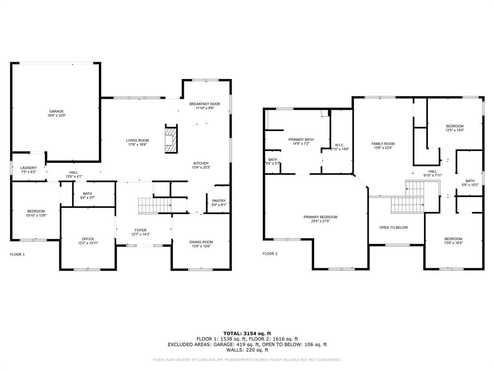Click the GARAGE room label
pyautogui.click(x=56, y=111)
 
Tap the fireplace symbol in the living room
pyautogui.click(x=171, y=139)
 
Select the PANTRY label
pyautogui.click(x=219, y=201)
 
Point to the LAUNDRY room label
pyautogui.click(x=28, y=168)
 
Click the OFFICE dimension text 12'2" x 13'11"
pyautogui.click(x=88, y=243)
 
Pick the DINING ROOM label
pyautogui.click(x=201, y=242)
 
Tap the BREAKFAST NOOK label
pyautogui.click(x=205, y=104)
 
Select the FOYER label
pyautogui.click(x=140, y=230)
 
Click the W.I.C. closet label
pyautogui.click(x=339, y=145)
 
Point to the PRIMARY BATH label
pyautogui.click(x=301, y=140)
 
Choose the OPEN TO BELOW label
pyautogui.click(x=394, y=227)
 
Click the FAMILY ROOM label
pyautogui.click(x=383, y=144)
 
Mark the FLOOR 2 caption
pyautogui.click(x=270, y=253)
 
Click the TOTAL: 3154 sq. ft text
pyautogui.click(x=247, y=333)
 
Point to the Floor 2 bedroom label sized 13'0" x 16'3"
pyautogui.click(x=453, y=239)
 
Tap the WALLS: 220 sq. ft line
pyautogui.click(x=247, y=350)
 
